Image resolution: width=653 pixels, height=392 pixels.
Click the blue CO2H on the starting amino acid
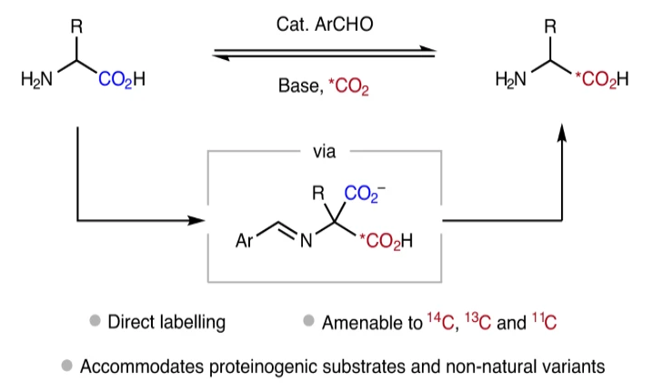[123, 79]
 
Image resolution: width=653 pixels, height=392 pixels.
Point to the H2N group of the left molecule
[37, 79]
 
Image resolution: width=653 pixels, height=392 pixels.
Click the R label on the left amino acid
[77, 25]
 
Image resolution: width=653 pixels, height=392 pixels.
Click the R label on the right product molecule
[550, 25]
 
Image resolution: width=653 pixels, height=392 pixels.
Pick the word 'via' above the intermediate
[325, 152]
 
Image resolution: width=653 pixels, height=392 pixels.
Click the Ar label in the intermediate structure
[244, 243]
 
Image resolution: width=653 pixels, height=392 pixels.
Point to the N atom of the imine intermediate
[306, 243]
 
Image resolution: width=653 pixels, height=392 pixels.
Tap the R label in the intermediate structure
[317, 193]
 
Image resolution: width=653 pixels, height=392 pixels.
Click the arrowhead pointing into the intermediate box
[196, 221]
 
